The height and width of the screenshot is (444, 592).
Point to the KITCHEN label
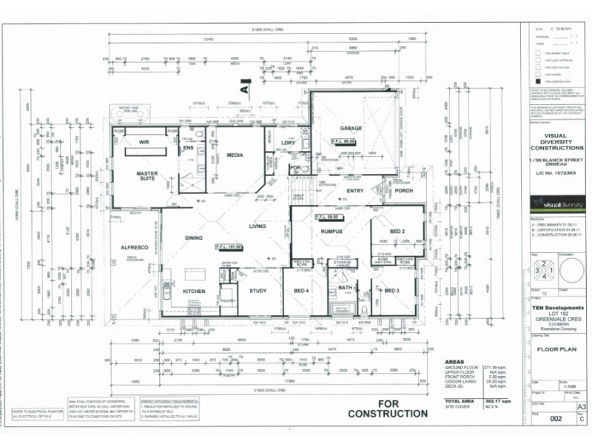(194, 292)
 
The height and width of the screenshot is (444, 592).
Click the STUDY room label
(258, 291)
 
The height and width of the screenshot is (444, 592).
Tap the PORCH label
(404, 190)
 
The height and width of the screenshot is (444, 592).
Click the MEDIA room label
(235, 155)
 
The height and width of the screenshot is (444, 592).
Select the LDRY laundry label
(289, 143)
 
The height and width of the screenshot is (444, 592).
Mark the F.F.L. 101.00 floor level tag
(229, 246)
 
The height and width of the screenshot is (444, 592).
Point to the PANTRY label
(228, 300)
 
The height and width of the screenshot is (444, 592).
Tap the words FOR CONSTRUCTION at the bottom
(388, 408)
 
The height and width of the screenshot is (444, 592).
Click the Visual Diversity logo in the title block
(556, 204)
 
